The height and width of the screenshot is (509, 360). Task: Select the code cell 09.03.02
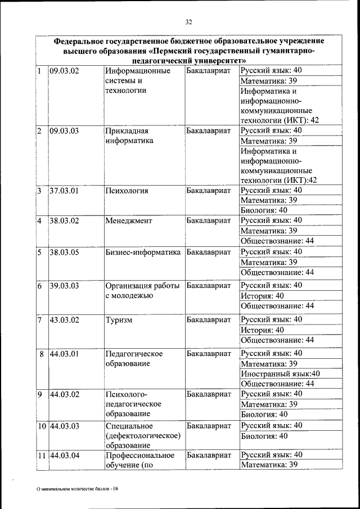[x=65, y=71]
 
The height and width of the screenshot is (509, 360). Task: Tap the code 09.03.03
[x=65, y=130]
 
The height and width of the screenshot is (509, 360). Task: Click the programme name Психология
[x=127, y=191]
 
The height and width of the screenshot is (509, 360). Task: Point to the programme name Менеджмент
[x=128, y=220]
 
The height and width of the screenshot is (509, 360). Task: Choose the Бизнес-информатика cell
[x=143, y=252]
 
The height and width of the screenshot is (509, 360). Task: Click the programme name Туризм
[x=119, y=319]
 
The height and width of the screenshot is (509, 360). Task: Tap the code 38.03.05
[x=65, y=252]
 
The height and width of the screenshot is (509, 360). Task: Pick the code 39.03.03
[x=65, y=286]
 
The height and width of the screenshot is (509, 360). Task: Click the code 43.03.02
[x=65, y=319]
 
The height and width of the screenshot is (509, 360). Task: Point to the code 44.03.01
[x=65, y=353]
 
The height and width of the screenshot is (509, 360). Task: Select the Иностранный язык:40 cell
[x=280, y=373]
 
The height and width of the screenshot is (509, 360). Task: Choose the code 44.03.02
[x=65, y=394]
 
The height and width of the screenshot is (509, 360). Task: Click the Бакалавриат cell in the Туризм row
[x=208, y=319]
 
